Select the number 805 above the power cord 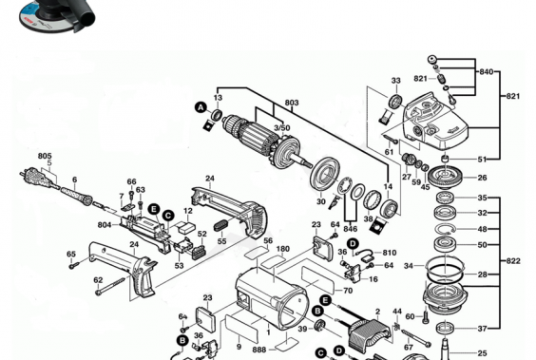click(45, 156)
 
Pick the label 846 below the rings click(352, 230)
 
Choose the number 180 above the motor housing click(282, 249)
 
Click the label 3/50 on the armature click(282, 127)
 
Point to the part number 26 click(483, 177)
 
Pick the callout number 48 click(483, 229)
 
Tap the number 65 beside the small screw click(71, 254)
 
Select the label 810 click(389, 253)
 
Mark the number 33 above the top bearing click(395, 81)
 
